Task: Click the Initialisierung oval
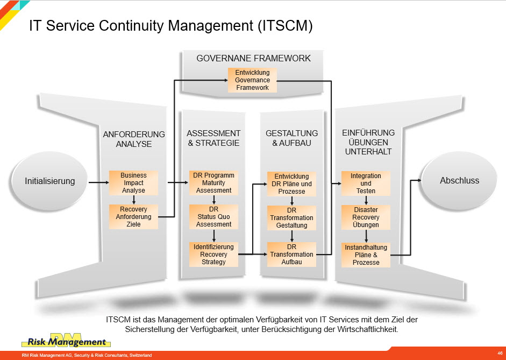pyautogui.click(x=49, y=181)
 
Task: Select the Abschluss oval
pyautogui.click(x=459, y=181)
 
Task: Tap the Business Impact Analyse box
pyautogui.click(x=133, y=183)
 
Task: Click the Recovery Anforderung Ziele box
pyautogui.click(x=133, y=217)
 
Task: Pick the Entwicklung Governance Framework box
pyautogui.click(x=252, y=80)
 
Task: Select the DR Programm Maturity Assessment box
pyautogui.click(x=213, y=183)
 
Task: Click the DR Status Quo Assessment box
pyautogui.click(x=213, y=217)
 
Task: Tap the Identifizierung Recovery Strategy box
pyautogui.click(x=213, y=255)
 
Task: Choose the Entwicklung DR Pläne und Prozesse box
pyautogui.click(x=292, y=184)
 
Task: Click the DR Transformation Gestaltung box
pyautogui.click(x=292, y=218)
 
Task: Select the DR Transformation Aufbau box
pyautogui.click(x=292, y=255)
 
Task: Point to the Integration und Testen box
pyautogui.click(x=366, y=183)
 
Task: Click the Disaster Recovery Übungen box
pyautogui.click(x=366, y=217)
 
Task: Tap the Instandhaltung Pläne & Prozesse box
pyautogui.click(x=366, y=255)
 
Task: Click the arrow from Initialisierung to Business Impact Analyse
pyautogui.click(x=99, y=182)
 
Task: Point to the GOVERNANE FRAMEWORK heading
pyautogui.click(x=253, y=58)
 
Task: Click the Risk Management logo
pyautogui.click(x=66, y=340)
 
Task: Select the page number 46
pyautogui.click(x=500, y=353)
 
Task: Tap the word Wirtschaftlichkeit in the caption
pyautogui.click(x=368, y=330)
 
